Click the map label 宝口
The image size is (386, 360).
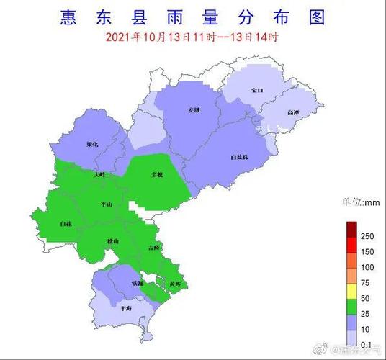click(257, 90)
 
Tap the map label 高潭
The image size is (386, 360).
click(292, 113)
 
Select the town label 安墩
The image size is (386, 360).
click(194, 110)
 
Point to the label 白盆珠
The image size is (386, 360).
click(239, 156)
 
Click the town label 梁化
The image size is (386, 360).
click(91, 144)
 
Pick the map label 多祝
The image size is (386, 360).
click(157, 175)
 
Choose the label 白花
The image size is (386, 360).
click(66, 225)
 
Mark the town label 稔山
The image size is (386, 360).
click(113, 241)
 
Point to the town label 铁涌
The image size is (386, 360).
click(137, 283)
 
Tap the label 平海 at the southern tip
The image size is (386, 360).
click(126, 308)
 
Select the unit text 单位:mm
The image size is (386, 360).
click(360, 202)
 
